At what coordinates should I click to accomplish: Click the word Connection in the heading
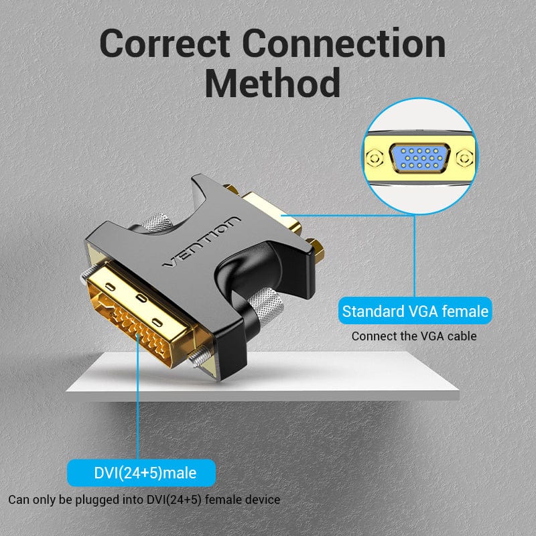point(344,44)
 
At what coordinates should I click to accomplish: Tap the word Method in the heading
point(272,84)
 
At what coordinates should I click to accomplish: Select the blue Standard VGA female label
point(415,312)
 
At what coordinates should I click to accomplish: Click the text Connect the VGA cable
point(414,336)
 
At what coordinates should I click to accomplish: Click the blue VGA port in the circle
point(420,158)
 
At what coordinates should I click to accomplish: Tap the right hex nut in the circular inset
point(464,159)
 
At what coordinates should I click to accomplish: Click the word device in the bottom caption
point(263,500)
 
